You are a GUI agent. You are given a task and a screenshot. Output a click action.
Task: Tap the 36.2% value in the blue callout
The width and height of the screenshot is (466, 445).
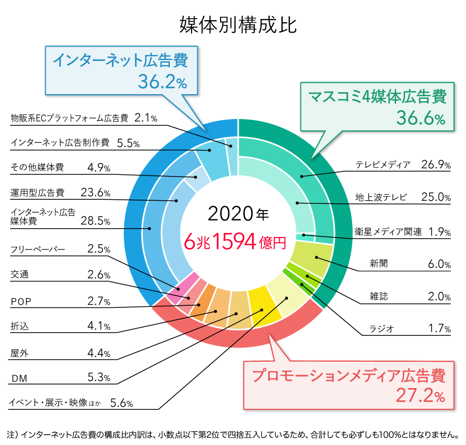162,81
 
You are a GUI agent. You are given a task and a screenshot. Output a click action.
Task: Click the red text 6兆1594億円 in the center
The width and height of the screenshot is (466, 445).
236,241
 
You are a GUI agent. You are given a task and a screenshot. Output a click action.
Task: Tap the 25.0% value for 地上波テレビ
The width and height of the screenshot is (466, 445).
436,198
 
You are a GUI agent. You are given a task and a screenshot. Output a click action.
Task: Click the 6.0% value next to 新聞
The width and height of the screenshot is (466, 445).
439,264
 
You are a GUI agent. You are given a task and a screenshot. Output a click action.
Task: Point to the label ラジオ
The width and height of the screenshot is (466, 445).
382,329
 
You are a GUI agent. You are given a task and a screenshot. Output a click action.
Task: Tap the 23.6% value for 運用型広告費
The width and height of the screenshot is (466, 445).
96,193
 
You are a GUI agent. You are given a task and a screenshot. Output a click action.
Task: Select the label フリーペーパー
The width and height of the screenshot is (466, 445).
38,249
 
